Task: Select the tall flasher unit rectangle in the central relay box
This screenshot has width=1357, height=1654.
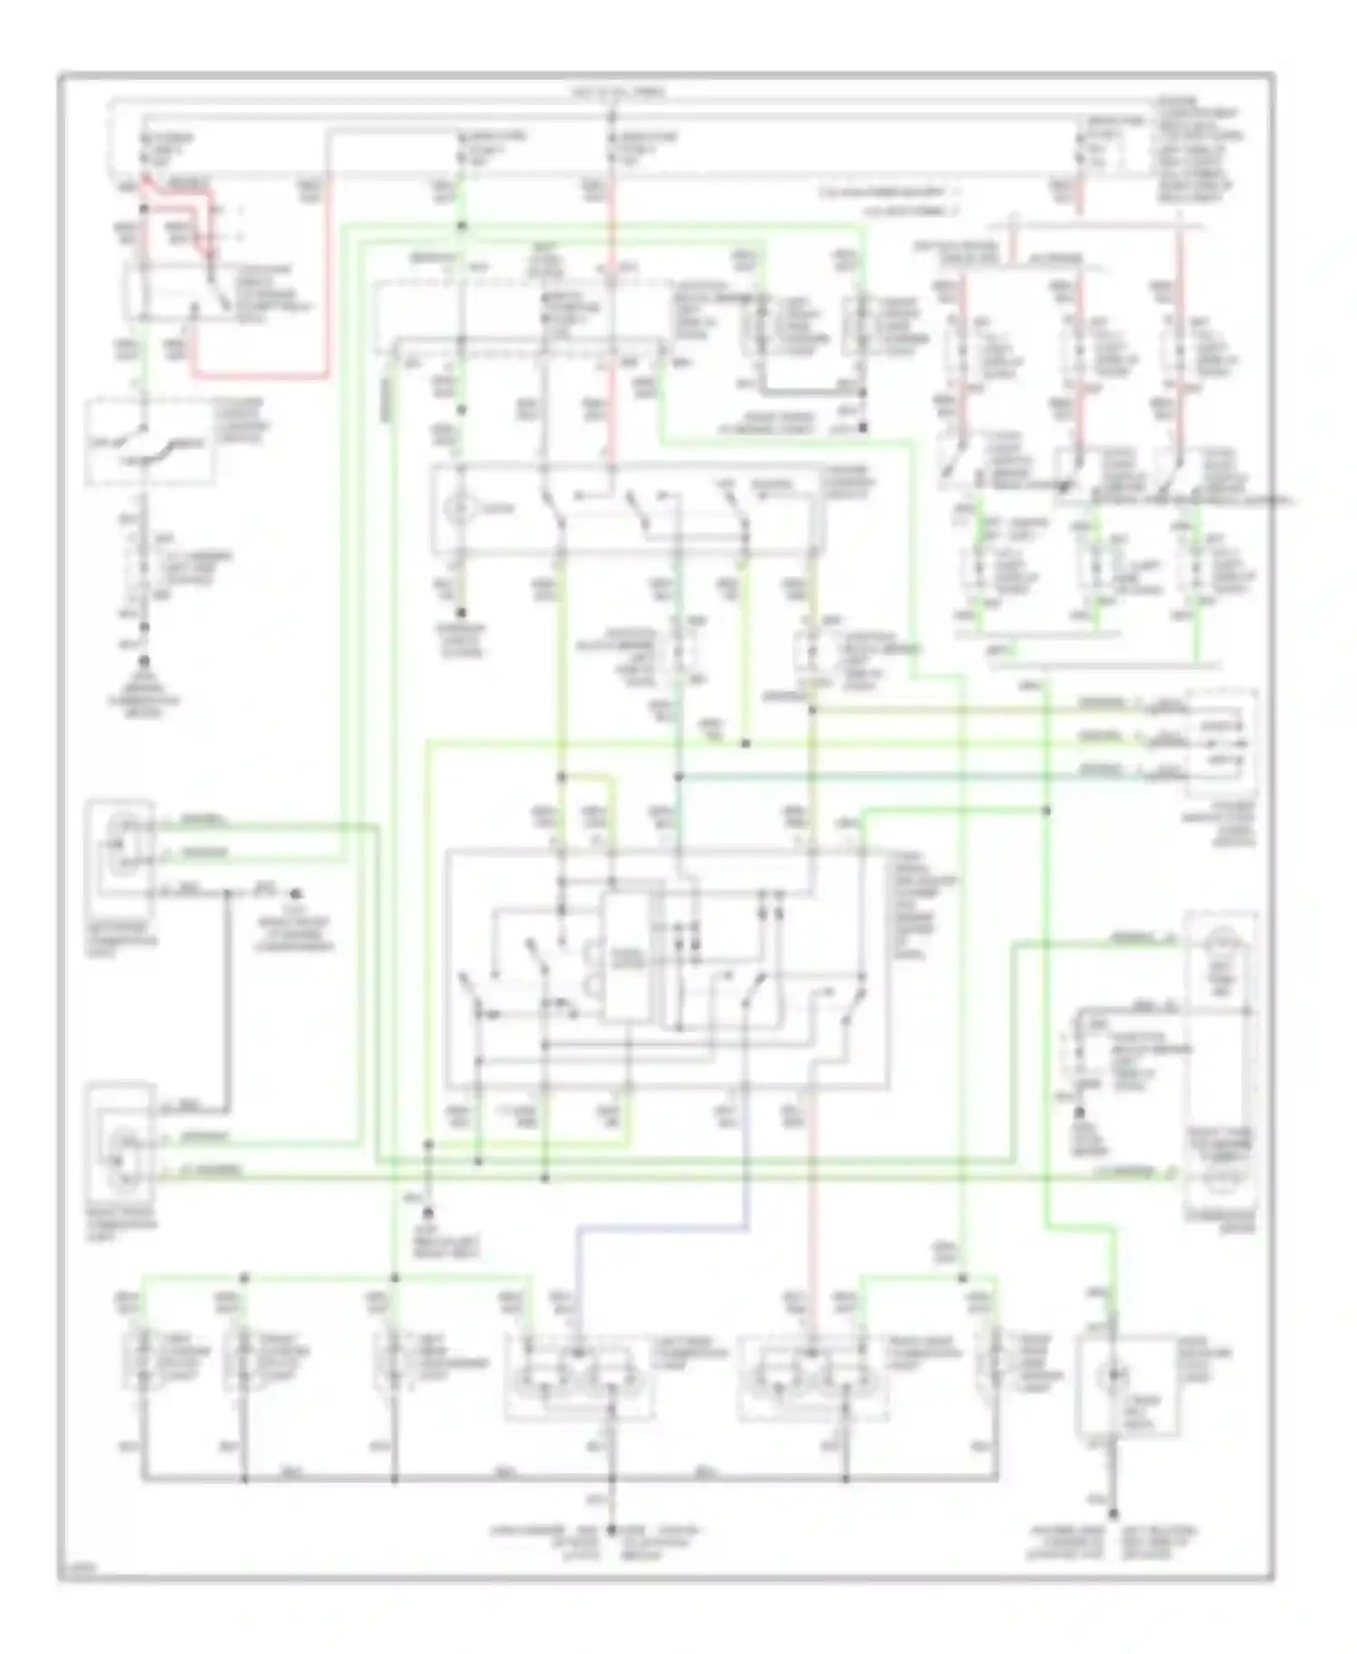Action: click(626, 957)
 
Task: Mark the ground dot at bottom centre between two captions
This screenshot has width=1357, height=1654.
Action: click(611, 1529)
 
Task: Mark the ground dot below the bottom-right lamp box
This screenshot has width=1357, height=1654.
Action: click(1113, 1513)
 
